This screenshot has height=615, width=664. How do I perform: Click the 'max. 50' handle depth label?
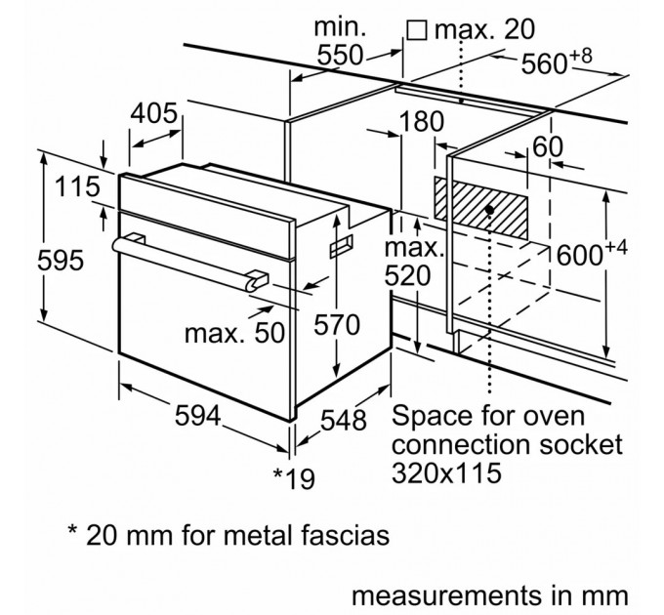pos(234,333)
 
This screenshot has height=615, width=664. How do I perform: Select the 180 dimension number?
pos(422,122)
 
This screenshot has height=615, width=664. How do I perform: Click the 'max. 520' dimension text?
pos(406,261)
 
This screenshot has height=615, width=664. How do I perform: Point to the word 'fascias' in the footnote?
pos(333,535)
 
